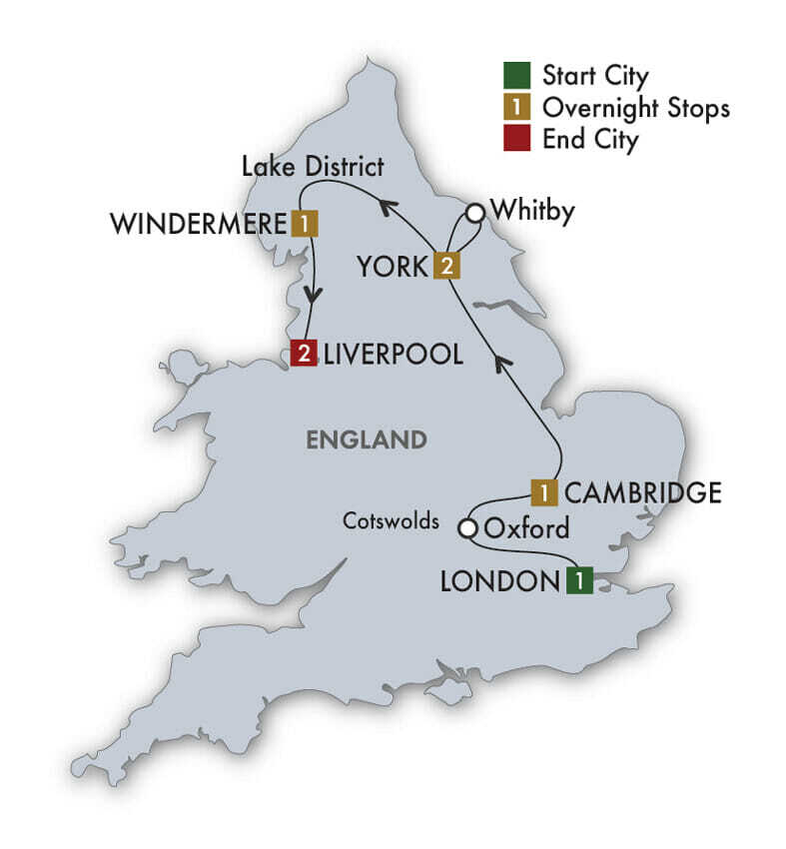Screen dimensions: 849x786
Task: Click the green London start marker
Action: tap(579, 580)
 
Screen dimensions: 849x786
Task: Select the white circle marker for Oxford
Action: tap(466, 527)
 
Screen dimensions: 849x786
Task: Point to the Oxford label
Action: tap(526, 527)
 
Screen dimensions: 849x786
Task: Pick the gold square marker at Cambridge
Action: tap(544, 492)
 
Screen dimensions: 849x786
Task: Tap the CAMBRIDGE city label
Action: tap(642, 492)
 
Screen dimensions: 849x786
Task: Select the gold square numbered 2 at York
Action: tap(445, 266)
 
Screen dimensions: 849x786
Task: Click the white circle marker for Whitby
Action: tap(475, 212)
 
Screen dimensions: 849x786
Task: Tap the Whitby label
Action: tap(533, 212)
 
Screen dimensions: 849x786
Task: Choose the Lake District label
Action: tap(313, 166)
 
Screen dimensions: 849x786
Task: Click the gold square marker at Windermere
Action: tap(304, 224)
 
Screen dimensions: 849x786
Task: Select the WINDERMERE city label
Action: tap(198, 224)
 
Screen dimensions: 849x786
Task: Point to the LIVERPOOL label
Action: tap(393, 354)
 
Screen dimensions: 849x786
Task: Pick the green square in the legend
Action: tap(516, 75)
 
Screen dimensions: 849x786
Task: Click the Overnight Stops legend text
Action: tap(635, 107)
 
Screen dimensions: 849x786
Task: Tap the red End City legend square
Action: tap(516, 139)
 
